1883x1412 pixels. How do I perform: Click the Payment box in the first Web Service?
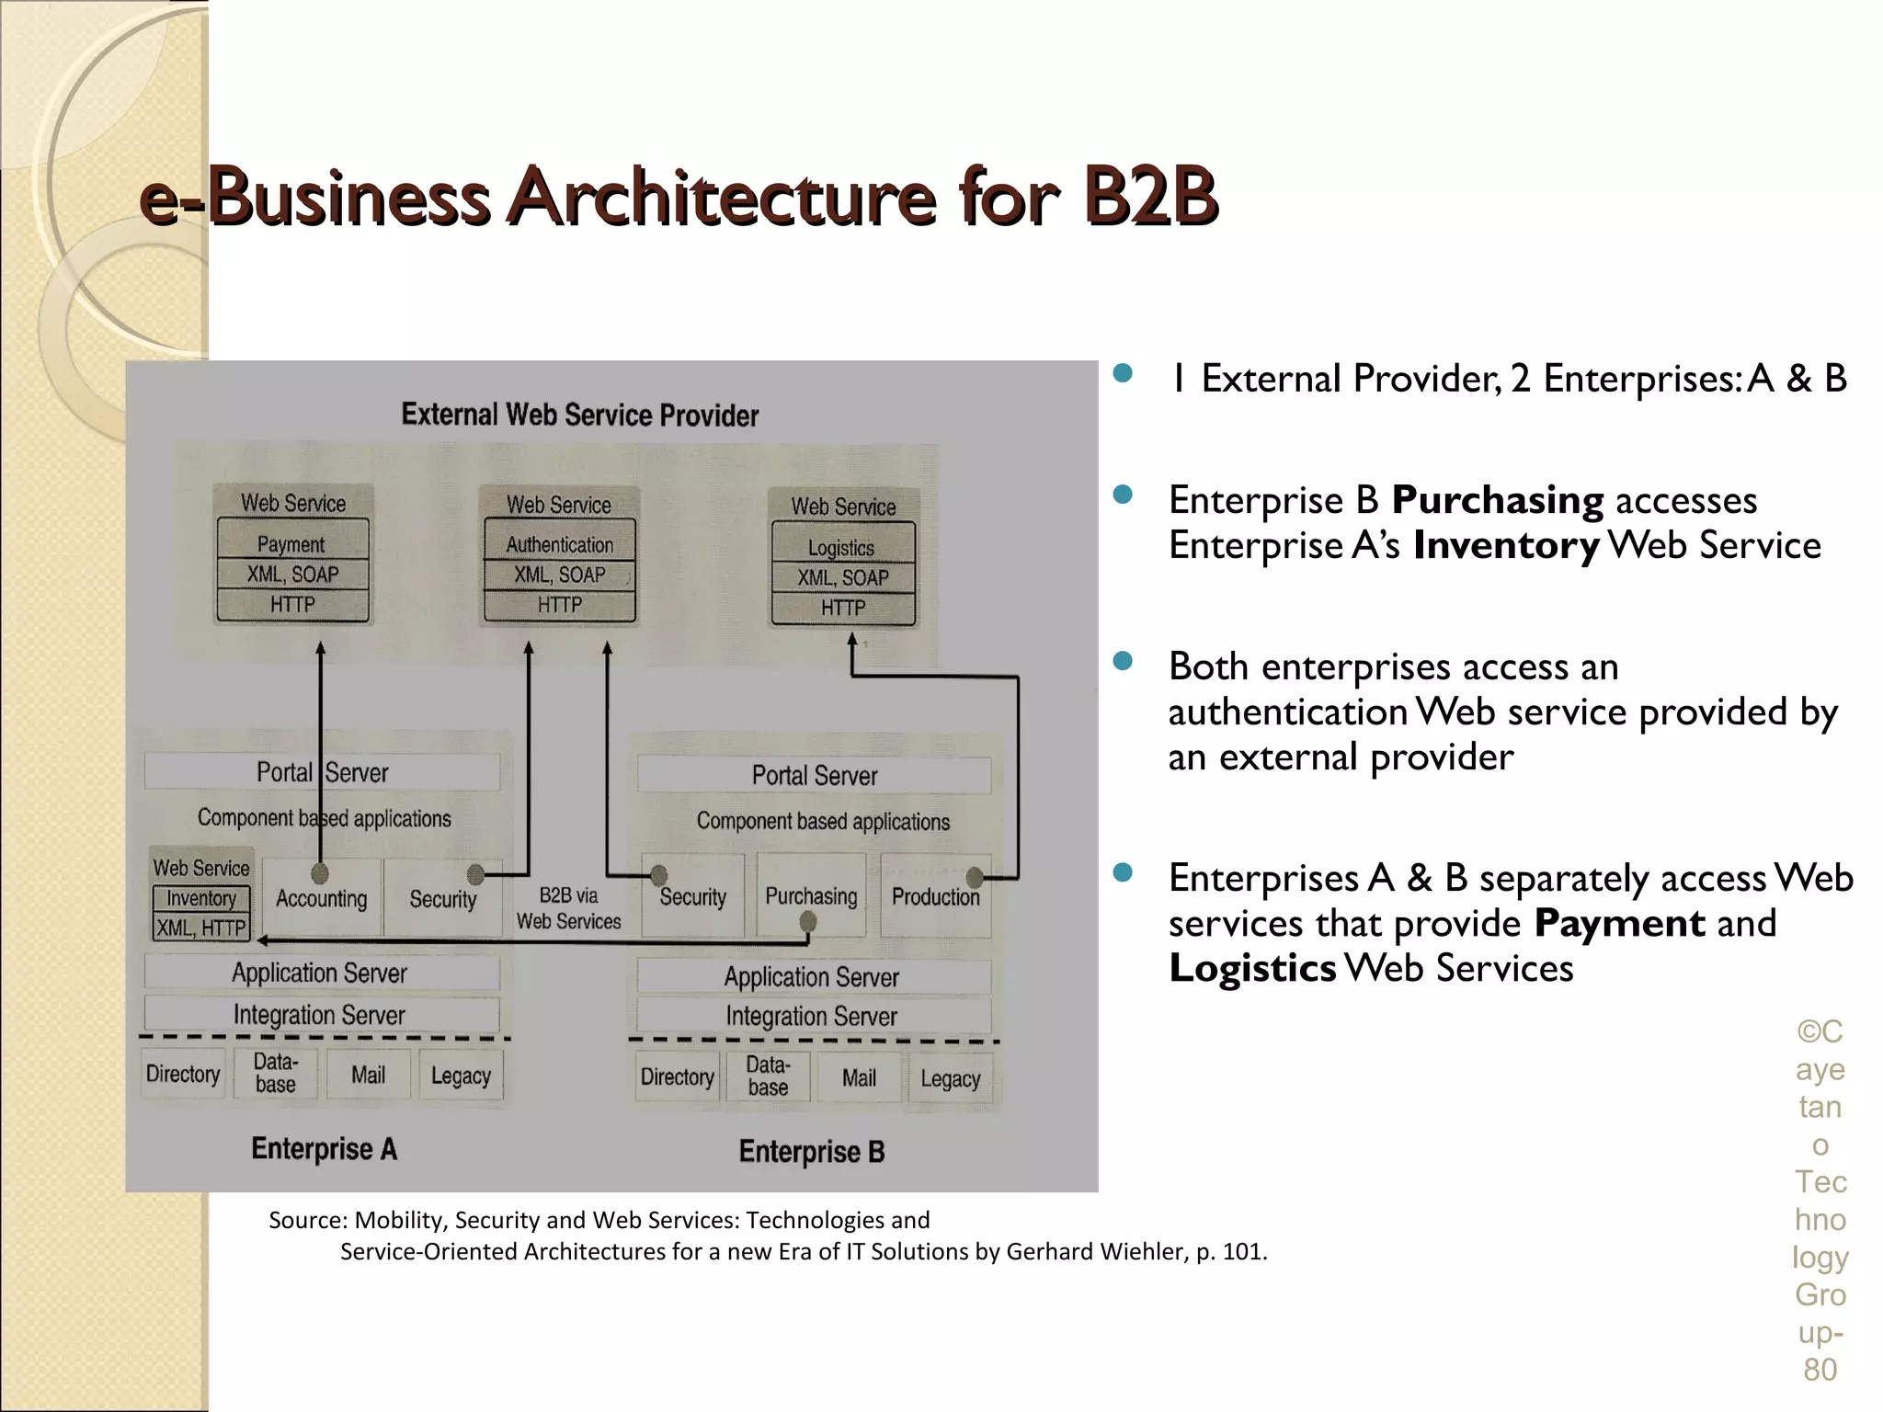coord(291,543)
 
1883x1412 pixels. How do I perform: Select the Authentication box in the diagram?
coord(559,544)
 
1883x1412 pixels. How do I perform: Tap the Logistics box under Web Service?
coord(841,547)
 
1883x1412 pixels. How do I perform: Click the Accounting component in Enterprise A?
coord(321,899)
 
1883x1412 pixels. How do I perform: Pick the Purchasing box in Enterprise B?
coord(810,896)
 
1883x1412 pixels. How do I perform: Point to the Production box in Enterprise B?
coord(935,897)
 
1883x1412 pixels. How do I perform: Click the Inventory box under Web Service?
coord(200,898)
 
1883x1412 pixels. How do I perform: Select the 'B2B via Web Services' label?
coord(568,908)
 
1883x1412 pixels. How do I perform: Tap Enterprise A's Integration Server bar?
coord(320,1015)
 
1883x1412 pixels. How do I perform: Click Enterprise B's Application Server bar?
coord(812,976)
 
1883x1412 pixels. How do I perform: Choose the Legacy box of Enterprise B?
coord(950,1078)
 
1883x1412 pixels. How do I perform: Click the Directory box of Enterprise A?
coord(183,1074)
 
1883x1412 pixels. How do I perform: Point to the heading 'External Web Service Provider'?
coord(579,416)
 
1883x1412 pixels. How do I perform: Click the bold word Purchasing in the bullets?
coord(1497,500)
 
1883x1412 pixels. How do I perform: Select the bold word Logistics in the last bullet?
coord(1252,968)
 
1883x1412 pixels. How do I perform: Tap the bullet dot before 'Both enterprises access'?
coord(1122,662)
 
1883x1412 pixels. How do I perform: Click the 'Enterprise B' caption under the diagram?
coord(811,1151)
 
